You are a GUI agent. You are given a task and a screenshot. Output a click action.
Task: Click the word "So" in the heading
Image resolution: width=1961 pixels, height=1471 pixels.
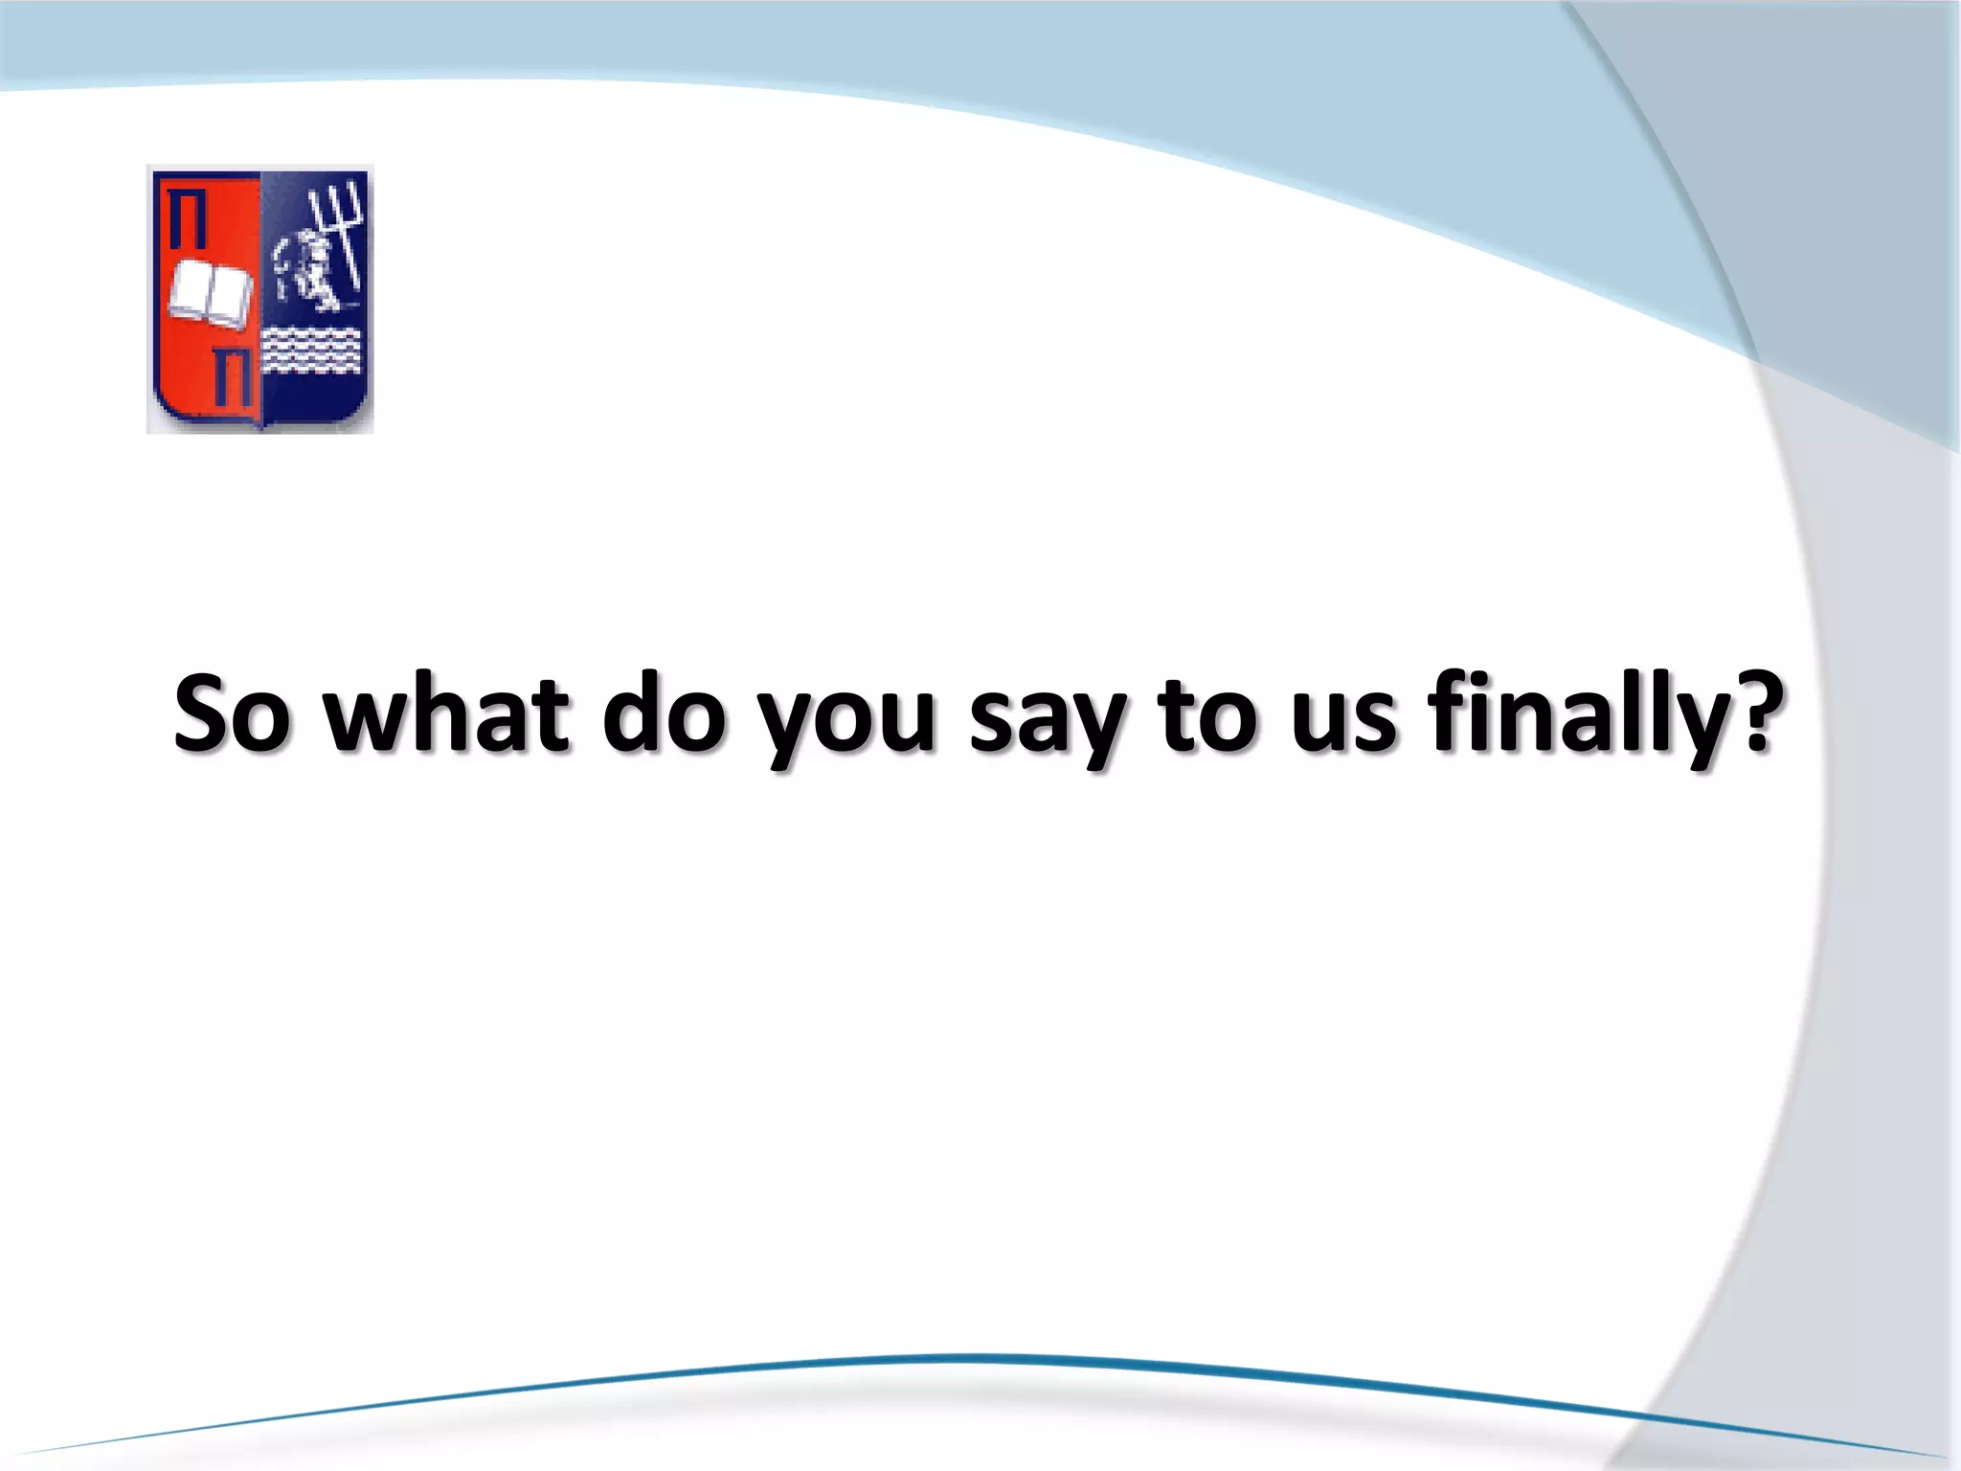(231, 713)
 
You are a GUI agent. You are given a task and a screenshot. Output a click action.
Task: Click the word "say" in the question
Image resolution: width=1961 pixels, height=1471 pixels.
(1047, 723)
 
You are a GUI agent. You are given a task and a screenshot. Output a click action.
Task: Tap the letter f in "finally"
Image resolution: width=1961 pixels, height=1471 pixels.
(1445, 709)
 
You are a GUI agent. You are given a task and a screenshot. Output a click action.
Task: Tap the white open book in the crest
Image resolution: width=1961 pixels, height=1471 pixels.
(211, 295)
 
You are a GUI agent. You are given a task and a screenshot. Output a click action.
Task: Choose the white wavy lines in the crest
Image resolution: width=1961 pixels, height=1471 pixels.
(311, 351)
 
